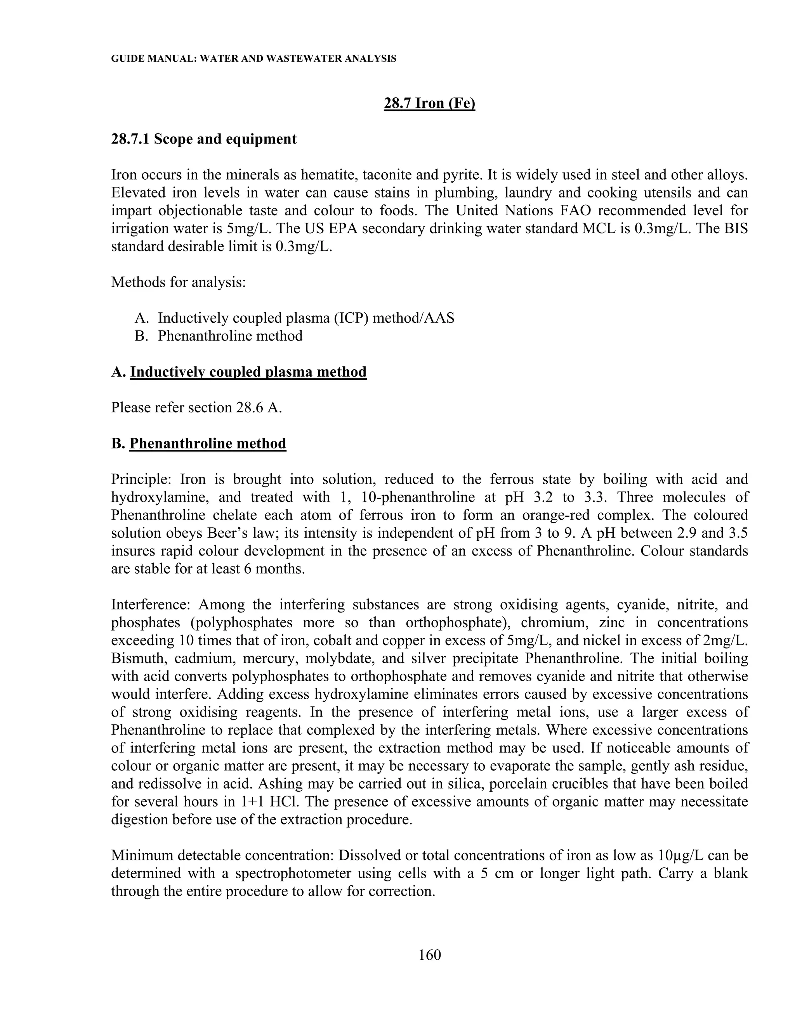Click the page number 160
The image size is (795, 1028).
pos(430,955)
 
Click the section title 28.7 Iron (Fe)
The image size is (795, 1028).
pos(430,103)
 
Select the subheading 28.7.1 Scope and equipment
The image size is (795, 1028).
pos(204,139)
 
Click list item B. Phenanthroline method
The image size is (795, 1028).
pos(219,336)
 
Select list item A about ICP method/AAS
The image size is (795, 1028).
pos(295,318)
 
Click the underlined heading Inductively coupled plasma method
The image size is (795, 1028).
pos(248,372)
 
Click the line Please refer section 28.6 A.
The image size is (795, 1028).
pos(196,408)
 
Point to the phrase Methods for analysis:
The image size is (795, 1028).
pos(179,282)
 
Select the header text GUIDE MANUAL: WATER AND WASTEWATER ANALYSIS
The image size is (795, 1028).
pos(253,59)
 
